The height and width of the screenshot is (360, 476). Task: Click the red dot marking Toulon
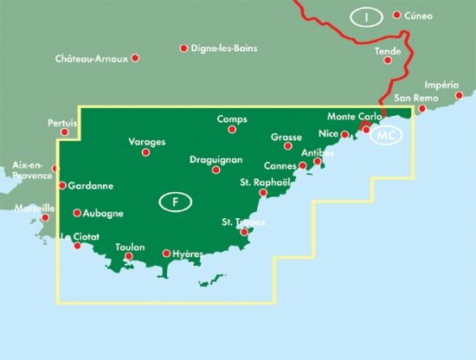pos(129,256)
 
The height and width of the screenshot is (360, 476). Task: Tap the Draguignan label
pos(215,159)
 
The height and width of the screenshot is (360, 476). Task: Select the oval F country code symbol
pos(176,203)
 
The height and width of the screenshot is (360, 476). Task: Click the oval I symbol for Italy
pos(367,16)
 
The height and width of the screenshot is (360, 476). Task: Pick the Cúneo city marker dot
pos(397,16)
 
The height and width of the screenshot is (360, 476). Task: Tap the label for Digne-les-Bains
pos(219,48)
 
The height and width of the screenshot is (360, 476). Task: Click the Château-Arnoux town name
pos(91,59)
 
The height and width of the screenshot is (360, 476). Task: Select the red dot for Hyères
pos(167,254)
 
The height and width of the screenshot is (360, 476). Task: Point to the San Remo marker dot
pos(421,109)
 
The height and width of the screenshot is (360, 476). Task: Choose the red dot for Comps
pos(232,130)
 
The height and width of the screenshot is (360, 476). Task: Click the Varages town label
pos(145,141)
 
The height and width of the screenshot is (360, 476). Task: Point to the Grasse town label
pos(286,137)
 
